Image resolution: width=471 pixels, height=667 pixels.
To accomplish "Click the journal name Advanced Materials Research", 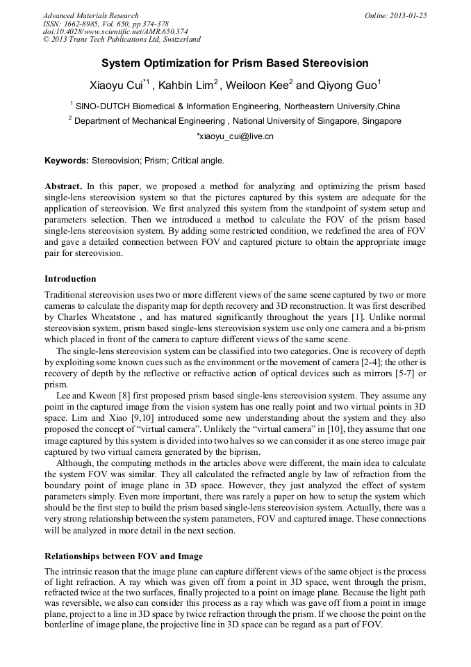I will pos(91,15).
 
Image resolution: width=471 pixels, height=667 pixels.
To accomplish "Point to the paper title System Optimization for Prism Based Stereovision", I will pos(235,63).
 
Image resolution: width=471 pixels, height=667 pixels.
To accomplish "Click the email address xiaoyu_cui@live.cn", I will pos(235,136).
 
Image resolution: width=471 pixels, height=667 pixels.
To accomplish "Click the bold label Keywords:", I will pos(67,161).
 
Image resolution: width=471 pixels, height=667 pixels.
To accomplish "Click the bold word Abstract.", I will pos(63,187).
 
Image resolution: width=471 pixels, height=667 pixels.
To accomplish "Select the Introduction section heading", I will pos(70,279).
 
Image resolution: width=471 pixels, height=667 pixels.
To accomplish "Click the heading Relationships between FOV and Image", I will pos(124,556).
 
